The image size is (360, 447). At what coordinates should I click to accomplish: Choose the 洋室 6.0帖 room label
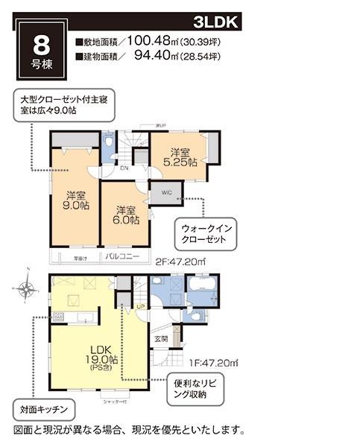[x=124, y=215]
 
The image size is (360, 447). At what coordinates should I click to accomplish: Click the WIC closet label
[x=165, y=191]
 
